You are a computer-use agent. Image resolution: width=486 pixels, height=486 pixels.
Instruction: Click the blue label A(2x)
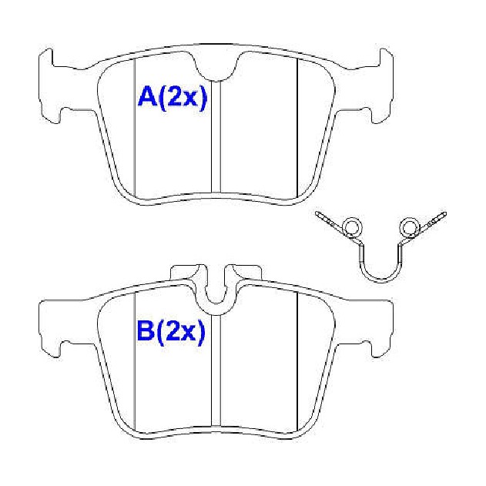click(172, 98)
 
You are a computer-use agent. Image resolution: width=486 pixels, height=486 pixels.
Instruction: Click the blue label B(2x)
click(171, 332)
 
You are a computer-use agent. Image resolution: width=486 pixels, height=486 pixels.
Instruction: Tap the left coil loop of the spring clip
click(351, 228)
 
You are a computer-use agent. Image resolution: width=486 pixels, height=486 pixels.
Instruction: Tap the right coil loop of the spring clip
click(409, 228)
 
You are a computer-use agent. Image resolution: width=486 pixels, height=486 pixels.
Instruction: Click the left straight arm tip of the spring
click(317, 213)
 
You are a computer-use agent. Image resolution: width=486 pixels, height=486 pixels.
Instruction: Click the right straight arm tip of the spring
click(444, 213)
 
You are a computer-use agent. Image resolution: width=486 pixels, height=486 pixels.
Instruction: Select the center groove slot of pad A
click(216, 136)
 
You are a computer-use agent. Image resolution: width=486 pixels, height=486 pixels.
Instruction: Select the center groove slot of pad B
click(216, 370)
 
